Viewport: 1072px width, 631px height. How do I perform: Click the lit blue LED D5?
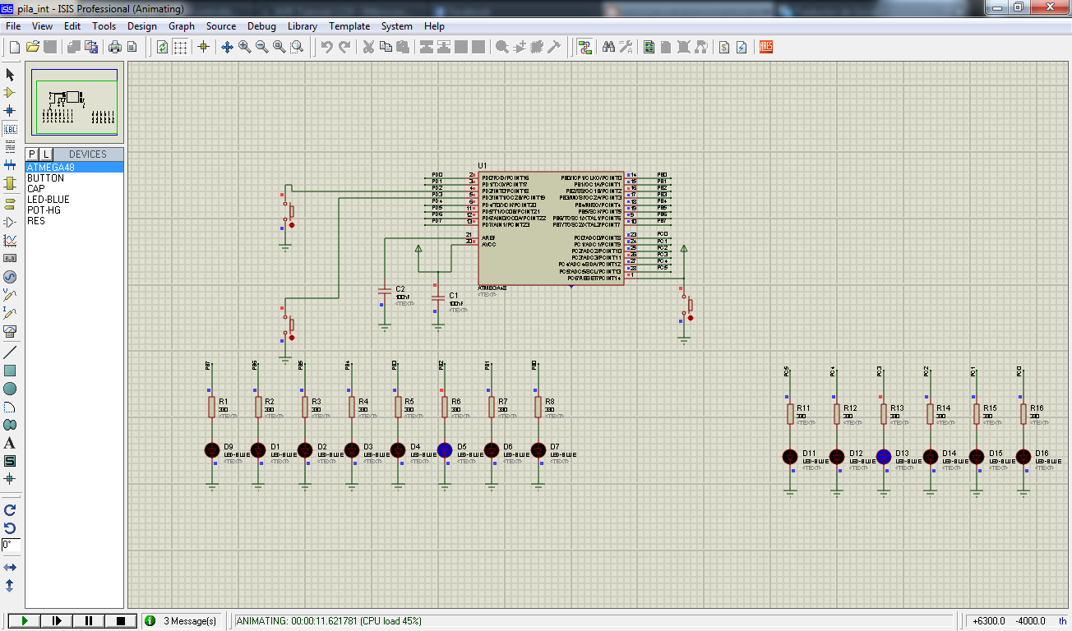pyautogui.click(x=445, y=449)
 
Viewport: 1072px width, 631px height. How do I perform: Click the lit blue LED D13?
pyautogui.click(x=884, y=457)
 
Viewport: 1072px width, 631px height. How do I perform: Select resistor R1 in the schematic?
pyautogui.click(x=211, y=407)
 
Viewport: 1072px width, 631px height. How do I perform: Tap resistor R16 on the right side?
pyautogui.click(x=1023, y=413)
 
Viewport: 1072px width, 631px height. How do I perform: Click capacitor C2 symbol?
pyautogui.click(x=384, y=291)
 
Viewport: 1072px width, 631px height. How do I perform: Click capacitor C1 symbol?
pyautogui.click(x=437, y=297)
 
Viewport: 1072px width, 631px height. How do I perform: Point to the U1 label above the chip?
pyautogui.click(x=483, y=166)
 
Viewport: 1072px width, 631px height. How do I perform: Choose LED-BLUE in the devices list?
pyautogui.click(x=49, y=200)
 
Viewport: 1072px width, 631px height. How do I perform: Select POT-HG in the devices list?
pyautogui.click(x=44, y=210)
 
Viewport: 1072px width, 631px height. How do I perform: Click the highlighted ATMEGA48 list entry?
pyautogui.click(x=51, y=167)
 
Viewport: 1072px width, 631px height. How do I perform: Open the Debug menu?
pyautogui.click(x=261, y=26)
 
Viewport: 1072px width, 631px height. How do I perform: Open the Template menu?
pyautogui.click(x=349, y=26)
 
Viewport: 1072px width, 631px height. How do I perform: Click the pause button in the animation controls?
pyautogui.click(x=89, y=621)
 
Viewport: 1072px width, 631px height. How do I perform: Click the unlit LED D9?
pyautogui.click(x=211, y=449)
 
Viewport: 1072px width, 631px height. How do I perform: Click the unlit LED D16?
pyautogui.click(x=1023, y=457)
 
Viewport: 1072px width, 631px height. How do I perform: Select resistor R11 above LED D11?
pyautogui.click(x=790, y=413)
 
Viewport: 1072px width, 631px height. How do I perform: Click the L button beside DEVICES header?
pyautogui.click(x=46, y=154)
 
